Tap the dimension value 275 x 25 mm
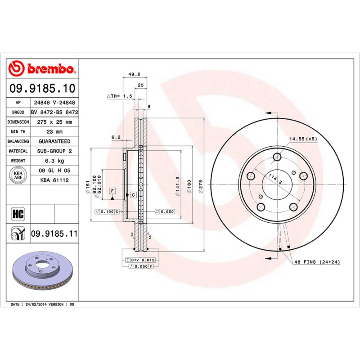(54, 122)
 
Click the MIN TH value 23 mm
(54, 132)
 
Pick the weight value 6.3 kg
(54, 161)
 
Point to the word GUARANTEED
(54, 141)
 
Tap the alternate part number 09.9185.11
(54, 234)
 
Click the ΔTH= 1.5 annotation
(119, 96)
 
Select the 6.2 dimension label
(116, 137)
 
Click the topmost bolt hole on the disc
(277, 157)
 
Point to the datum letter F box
(112, 190)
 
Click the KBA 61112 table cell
(54, 180)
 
